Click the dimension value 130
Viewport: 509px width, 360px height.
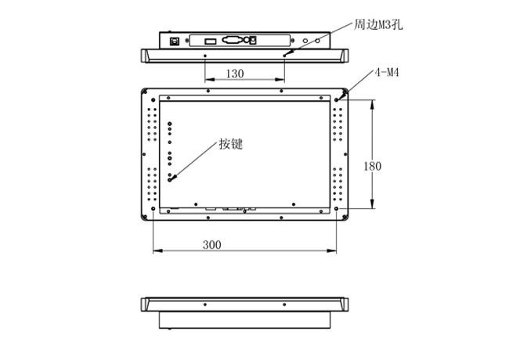point(235,74)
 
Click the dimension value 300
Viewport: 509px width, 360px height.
point(211,244)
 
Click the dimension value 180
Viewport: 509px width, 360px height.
point(372,166)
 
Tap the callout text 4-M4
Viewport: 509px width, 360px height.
point(387,72)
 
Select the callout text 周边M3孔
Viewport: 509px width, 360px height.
point(378,24)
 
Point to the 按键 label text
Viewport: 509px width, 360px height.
point(231,144)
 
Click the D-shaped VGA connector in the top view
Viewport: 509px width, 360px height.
point(232,40)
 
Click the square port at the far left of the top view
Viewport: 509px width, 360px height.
point(175,41)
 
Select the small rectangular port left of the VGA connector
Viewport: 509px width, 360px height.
point(211,41)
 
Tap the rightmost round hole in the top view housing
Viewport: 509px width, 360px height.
point(317,41)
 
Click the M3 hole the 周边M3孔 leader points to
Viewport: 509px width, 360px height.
point(285,56)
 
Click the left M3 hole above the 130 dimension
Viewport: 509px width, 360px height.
point(205,56)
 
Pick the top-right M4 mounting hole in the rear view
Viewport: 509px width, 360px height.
point(337,100)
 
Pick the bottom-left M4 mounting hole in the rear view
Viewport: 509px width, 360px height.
point(153,208)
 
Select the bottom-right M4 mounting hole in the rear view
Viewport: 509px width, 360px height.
point(336,208)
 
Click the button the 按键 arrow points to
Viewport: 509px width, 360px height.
point(169,180)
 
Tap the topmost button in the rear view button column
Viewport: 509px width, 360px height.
point(169,124)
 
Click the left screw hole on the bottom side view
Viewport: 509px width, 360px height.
point(205,304)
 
